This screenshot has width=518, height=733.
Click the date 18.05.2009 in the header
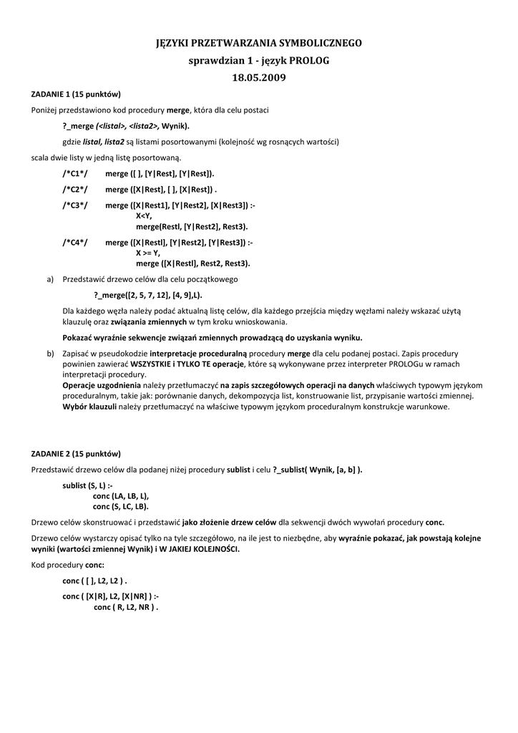coord(259,77)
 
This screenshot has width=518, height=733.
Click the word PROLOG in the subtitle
coord(308,61)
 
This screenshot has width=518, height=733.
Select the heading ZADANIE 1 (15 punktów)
coord(76,94)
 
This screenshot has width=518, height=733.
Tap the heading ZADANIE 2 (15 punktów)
coord(76,454)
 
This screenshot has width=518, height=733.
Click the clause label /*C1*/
coord(75,173)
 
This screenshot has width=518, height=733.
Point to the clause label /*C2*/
coord(75,189)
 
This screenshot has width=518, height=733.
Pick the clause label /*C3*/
coord(75,205)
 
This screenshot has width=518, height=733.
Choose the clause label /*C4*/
coord(75,243)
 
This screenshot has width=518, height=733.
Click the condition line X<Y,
coord(144,215)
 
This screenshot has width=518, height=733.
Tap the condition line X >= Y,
coord(148,253)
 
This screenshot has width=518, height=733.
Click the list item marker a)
coord(50,279)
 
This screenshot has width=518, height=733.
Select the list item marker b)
coord(50,354)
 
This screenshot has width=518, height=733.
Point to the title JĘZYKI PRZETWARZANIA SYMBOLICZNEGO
coord(259,44)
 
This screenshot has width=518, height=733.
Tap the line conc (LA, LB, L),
coord(121,495)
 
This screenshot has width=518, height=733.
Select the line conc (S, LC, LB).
coord(121,505)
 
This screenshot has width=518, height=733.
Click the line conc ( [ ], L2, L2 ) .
coord(94,581)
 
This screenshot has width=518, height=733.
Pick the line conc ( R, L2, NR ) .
coord(126,606)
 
